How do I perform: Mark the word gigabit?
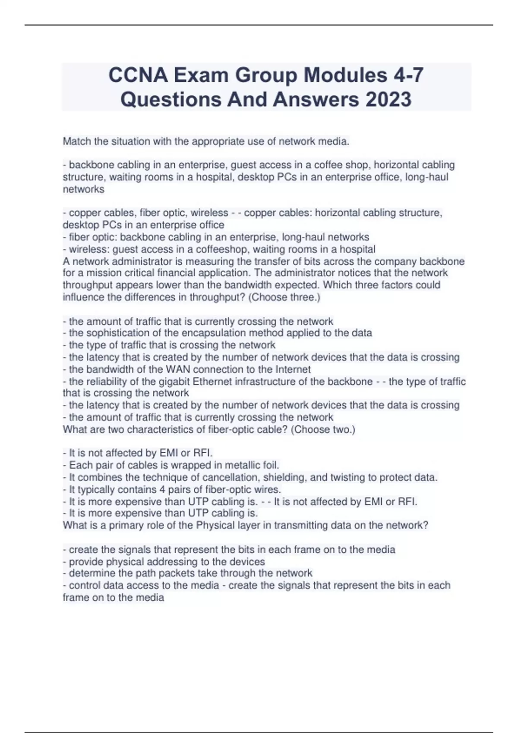tap(174, 382)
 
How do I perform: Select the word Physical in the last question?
tap(215, 525)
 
